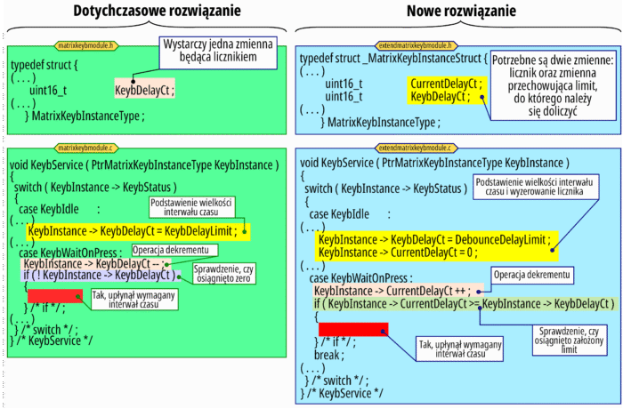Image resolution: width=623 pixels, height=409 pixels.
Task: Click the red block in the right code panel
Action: coord(352,330)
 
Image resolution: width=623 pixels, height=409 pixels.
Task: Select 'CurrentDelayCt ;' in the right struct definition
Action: coord(445,83)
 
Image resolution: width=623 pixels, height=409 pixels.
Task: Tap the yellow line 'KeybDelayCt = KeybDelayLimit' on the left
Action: coord(139,232)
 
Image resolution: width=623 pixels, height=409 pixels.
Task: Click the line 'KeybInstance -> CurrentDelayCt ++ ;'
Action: coord(397,291)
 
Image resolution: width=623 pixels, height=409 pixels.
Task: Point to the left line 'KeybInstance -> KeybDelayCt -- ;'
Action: coord(93,264)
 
